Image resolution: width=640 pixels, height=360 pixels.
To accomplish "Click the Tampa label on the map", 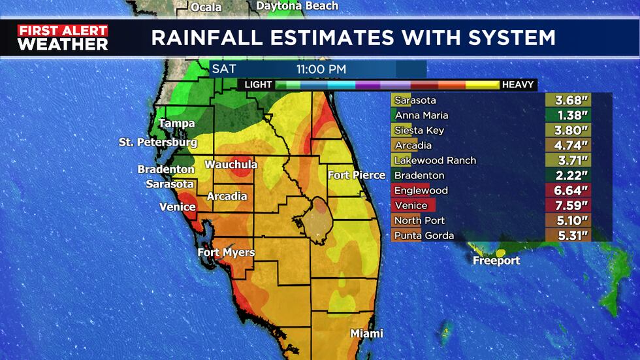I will (x=177, y=123).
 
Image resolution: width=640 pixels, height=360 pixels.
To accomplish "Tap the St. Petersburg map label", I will (x=158, y=142).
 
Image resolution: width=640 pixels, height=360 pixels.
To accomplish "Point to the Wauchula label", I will (x=231, y=165).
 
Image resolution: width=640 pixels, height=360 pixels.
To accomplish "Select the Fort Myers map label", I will (x=226, y=252).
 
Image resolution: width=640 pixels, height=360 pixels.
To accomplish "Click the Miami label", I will (x=366, y=333).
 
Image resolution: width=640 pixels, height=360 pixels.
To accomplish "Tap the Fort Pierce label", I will (x=352, y=174).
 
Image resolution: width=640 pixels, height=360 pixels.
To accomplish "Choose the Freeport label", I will (x=497, y=261).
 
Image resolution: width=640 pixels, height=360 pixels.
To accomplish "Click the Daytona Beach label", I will (x=297, y=6).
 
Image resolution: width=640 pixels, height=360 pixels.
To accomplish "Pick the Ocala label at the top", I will (x=206, y=7).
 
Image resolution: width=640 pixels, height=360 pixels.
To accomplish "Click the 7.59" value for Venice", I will (x=568, y=206).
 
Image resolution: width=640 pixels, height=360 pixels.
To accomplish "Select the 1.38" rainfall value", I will (x=568, y=116).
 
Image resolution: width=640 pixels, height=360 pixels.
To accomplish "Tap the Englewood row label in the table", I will (x=421, y=191).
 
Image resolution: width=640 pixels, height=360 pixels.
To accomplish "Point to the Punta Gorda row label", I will (x=424, y=236).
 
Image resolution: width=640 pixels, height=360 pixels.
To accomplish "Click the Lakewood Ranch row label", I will (x=436, y=161).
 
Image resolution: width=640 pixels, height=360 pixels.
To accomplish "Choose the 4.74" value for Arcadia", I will (x=568, y=146).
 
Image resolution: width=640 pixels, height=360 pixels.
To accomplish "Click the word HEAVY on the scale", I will (x=519, y=85).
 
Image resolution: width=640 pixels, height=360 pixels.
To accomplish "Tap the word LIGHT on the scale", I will (x=259, y=85).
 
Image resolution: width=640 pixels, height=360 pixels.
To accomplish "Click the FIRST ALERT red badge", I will (x=63, y=30).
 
